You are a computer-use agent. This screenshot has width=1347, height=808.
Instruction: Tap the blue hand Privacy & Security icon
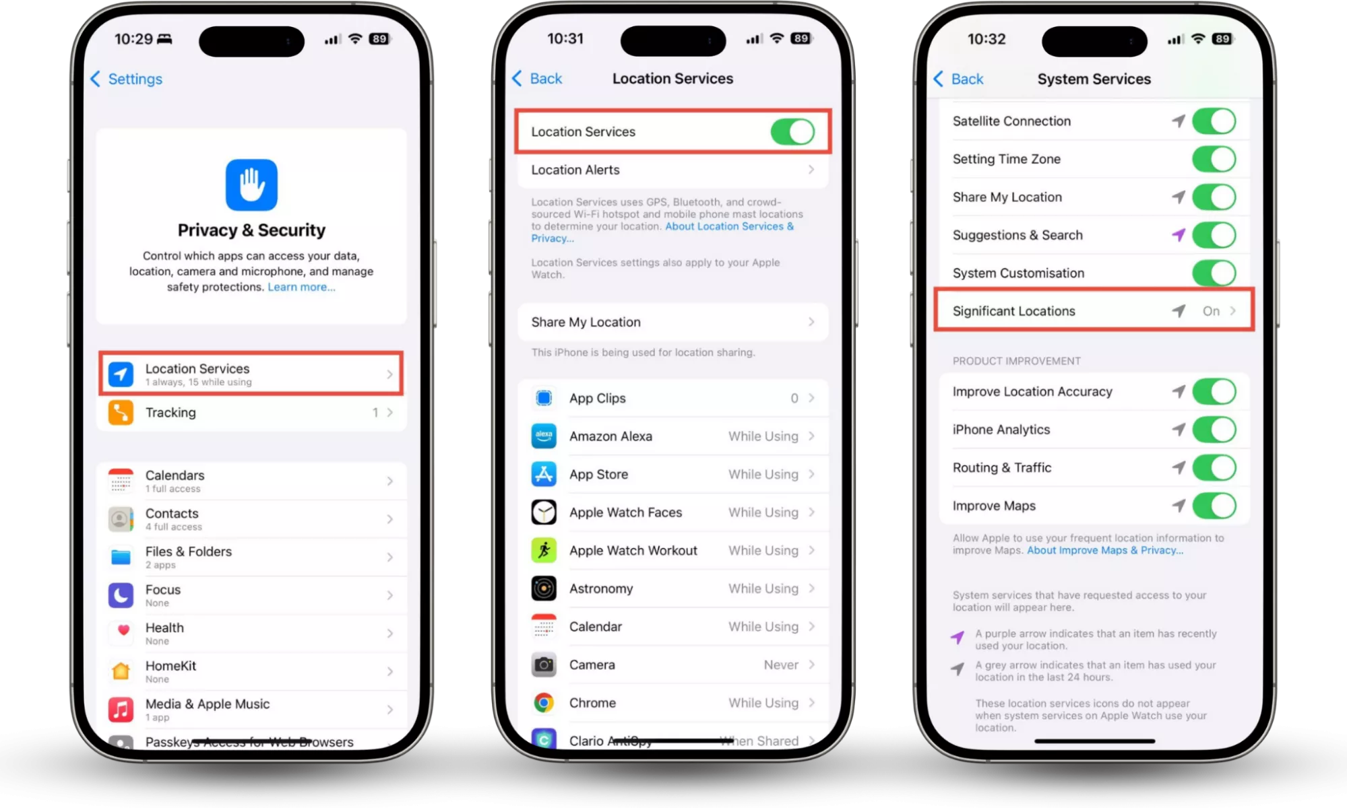[251, 185]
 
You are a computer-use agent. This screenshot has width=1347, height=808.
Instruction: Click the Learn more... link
[301, 287]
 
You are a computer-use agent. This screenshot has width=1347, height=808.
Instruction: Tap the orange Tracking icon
[121, 413]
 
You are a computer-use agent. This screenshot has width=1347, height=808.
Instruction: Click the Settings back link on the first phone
[126, 79]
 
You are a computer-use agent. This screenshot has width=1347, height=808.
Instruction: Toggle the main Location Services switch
[792, 132]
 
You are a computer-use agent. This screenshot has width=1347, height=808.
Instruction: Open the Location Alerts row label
[575, 170]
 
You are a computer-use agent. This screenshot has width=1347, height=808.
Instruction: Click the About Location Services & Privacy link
[662, 232]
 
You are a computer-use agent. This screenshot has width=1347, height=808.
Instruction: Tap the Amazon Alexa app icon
[544, 436]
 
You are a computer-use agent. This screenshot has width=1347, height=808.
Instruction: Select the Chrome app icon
[544, 703]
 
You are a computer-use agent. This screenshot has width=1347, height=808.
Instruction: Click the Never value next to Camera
[781, 665]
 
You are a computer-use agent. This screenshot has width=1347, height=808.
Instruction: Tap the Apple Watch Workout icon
[544, 551]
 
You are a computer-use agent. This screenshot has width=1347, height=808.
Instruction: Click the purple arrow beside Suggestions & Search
[1178, 234]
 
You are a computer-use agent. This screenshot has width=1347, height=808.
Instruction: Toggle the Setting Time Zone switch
[1214, 160]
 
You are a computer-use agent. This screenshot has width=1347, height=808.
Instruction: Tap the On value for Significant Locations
[1211, 311]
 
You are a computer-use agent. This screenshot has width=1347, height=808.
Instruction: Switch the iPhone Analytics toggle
[1214, 430]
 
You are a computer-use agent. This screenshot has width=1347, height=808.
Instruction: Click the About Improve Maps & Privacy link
[1105, 550]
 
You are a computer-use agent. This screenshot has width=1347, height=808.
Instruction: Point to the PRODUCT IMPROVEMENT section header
[1016, 361]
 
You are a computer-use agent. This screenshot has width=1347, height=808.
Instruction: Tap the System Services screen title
[1094, 79]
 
